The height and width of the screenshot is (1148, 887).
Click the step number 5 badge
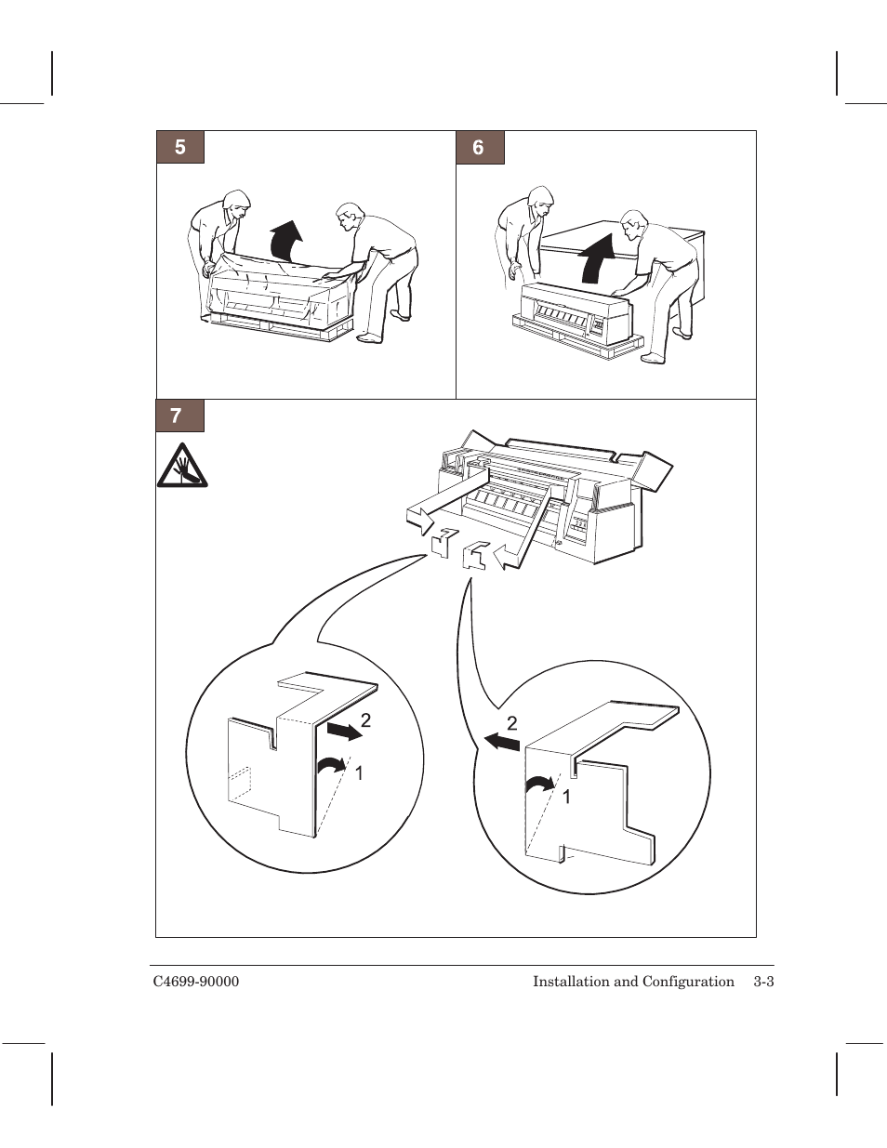(180, 147)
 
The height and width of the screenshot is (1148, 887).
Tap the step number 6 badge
(480, 148)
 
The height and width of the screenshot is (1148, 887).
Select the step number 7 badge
(179, 416)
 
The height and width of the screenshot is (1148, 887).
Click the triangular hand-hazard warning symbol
(182, 466)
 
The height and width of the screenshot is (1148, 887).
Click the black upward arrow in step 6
(597, 258)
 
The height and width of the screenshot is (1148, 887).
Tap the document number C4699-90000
(196, 982)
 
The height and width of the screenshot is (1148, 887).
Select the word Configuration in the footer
(688, 983)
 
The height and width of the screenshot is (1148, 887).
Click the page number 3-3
(764, 982)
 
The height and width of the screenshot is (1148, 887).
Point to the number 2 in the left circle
(365, 720)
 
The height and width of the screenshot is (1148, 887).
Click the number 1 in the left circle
(359, 773)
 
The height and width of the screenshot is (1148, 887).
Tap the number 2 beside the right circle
(512, 723)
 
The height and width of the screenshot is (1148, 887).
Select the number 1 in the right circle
(566, 798)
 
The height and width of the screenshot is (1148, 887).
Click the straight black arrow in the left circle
(344, 732)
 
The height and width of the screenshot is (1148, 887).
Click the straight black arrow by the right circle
(502, 742)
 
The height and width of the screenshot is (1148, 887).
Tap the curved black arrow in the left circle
(331, 764)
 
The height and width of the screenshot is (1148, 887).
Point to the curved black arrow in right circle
(539, 784)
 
